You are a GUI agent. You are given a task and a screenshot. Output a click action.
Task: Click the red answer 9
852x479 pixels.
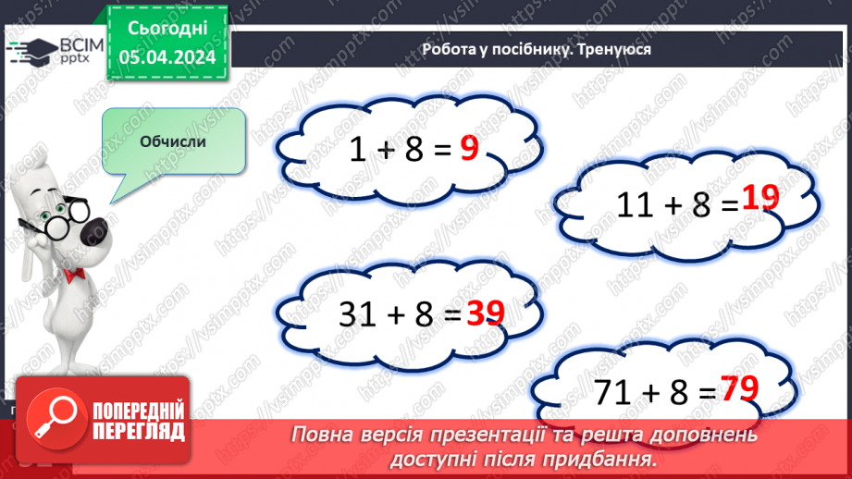469,148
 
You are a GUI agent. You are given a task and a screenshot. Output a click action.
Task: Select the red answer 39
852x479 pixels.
485,315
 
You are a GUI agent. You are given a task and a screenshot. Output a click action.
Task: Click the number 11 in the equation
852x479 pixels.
635,204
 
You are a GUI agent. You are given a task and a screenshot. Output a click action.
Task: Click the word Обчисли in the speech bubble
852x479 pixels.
173,141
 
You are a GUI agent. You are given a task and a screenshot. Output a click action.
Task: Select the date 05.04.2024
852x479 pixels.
167,58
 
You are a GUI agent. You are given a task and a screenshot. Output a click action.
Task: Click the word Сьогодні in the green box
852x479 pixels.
167,31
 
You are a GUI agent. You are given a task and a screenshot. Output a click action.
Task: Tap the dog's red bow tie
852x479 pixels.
76,274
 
